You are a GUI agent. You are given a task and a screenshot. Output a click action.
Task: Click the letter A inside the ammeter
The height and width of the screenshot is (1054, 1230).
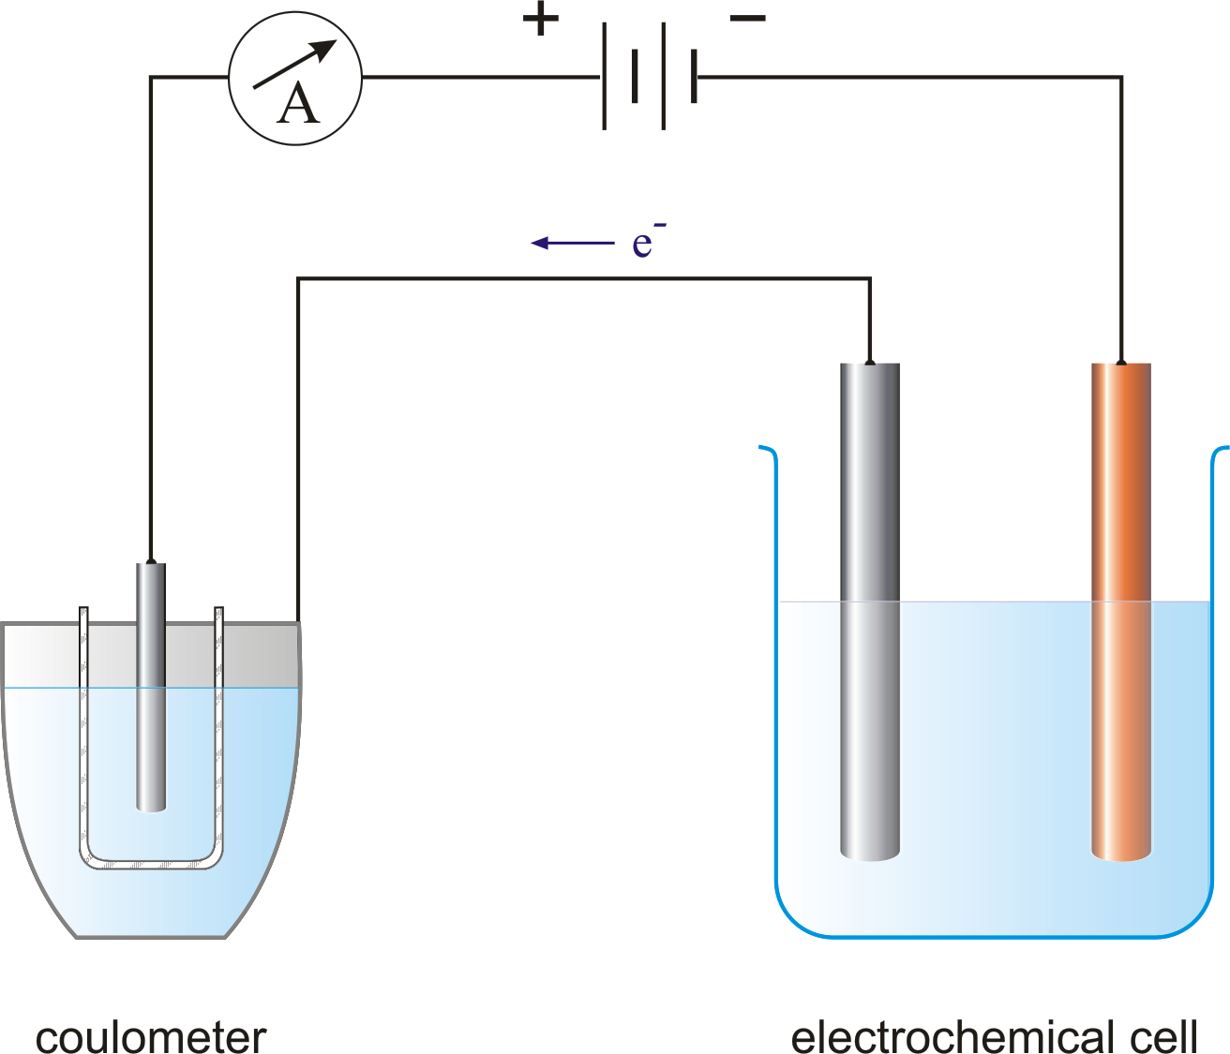298,103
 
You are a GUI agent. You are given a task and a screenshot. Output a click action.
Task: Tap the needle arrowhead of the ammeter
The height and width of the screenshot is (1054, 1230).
324,50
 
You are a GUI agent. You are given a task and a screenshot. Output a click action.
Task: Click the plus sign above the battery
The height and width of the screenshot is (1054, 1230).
540,19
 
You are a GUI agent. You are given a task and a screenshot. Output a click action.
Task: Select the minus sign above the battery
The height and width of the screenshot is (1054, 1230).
747,19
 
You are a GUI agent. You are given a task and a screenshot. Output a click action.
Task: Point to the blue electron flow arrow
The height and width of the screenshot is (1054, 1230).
573,243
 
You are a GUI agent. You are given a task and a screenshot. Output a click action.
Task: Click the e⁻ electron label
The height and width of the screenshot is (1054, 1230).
648,240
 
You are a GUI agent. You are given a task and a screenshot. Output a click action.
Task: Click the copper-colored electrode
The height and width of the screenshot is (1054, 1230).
1121,612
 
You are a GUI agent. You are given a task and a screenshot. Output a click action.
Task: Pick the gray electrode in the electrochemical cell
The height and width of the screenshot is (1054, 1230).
869,612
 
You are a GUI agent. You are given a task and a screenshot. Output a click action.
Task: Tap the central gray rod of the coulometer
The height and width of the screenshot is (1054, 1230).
151,687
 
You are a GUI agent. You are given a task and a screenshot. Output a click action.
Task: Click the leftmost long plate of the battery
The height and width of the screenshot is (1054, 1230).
604,76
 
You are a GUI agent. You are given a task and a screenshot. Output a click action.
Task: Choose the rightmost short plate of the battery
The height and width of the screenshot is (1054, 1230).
694,76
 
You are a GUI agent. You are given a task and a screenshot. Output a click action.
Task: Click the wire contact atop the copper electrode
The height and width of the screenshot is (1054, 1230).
1121,361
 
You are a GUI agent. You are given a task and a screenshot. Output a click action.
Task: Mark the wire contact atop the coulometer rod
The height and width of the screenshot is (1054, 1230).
151,561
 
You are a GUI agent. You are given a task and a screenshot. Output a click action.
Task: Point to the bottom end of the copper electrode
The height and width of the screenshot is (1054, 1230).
1121,860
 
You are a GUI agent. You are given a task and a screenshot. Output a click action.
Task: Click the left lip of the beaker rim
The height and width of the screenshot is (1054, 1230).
767,449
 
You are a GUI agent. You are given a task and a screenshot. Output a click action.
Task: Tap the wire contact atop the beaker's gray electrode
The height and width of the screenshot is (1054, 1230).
869,361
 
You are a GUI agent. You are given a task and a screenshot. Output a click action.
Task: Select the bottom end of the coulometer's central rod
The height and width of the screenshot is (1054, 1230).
151,811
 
